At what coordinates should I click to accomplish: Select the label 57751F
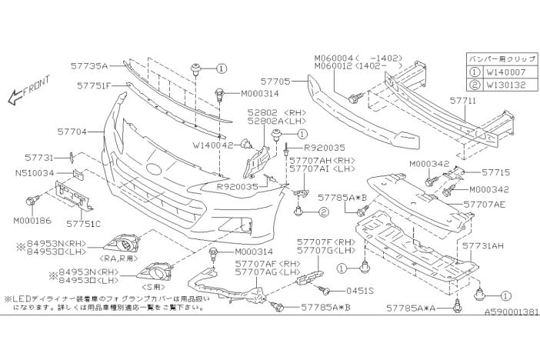95,85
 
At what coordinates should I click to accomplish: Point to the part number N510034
34,173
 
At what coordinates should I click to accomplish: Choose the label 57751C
84,224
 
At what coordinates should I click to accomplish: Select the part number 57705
275,79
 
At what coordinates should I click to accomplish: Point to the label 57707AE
485,205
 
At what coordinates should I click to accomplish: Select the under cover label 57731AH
483,246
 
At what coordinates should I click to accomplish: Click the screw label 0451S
358,291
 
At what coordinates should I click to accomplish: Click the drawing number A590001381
510,314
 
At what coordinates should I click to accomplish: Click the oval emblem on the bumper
153,168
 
